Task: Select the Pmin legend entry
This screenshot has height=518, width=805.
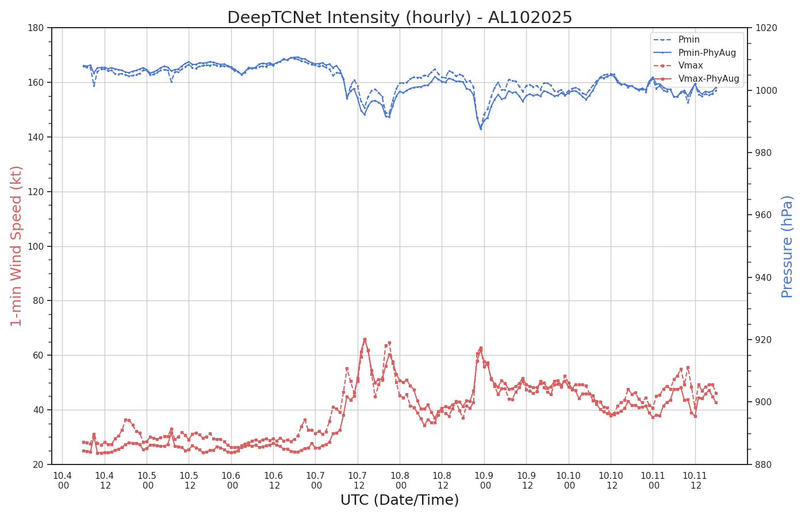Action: pyautogui.click(x=676, y=40)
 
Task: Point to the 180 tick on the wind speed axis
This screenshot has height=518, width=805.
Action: pyautogui.click(x=36, y=28)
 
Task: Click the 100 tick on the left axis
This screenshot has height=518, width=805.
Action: pyautogui.click(x=36, y=246)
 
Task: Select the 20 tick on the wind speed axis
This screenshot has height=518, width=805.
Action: pyautogui.click(x=38, y=465)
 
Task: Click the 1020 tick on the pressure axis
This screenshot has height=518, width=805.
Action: pyautogui.click(x=766, y=28)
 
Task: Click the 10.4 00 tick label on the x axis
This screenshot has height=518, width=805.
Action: pyautogui.click(x=63, y=481)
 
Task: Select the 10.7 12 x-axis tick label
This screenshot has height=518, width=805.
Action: pyautogui.click(x=358, y=481)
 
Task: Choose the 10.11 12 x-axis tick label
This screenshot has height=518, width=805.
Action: pyautogui.click(x=695, y=481)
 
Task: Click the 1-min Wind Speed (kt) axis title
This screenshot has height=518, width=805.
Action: pyautogui.click(x=16, y=246)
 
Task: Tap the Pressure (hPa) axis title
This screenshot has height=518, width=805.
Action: pyautogui.click(x=787, y=247)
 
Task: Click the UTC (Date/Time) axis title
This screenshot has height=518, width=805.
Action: pyautogui.click(x=400, y=500)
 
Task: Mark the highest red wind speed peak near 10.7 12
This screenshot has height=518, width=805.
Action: pyautogui.click(x=365, y=339)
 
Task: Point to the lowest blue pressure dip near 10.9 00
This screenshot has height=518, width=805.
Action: pyautogui.click(x=481, y=129)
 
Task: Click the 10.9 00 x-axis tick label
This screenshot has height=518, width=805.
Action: pyautogui.click(x=484, y=481)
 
